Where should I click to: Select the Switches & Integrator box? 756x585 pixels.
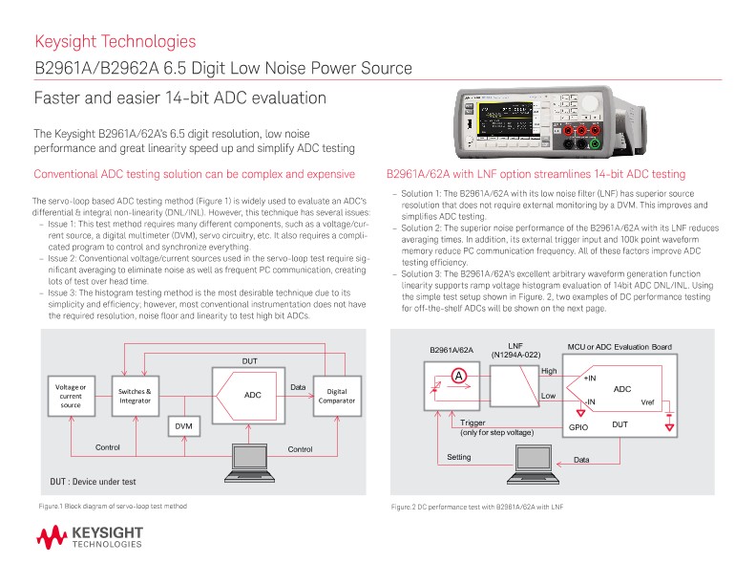click(x=135, y=394)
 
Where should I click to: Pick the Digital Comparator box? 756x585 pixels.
click(x=336, y=395)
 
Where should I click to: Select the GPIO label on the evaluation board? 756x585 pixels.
click(x=578, y=427)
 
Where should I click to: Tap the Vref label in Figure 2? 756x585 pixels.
click(x=647, y=401)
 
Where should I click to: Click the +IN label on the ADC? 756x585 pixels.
click(x=590, y=379)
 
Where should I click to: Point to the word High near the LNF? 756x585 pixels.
click(x=548, y=371)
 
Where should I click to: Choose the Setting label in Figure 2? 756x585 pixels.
click(x=459, y=458)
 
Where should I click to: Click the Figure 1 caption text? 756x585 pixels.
click(x=113, y=505)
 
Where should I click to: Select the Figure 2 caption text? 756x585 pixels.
click(x=471, y=506)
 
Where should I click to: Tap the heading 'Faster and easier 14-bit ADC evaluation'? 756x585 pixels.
click(x=180, y=98)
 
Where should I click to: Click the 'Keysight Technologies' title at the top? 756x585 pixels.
click(x=115, y=41)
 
